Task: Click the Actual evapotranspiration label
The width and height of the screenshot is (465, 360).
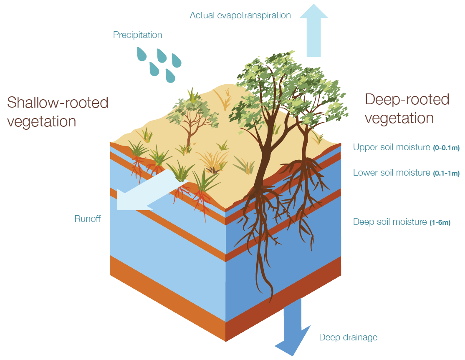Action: coord(240,15)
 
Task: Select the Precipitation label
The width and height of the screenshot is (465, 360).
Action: coord(137,35)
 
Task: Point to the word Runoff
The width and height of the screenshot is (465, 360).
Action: coord(88,219)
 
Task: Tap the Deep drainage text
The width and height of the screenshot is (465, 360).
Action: coord(348,337)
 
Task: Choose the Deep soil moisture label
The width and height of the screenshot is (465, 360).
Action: coord(390,222)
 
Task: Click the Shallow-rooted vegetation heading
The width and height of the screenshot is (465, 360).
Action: coord(58,112)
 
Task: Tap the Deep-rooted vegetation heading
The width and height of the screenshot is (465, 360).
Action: coord(407,108)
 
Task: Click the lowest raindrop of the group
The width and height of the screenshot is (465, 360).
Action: coord(170,76)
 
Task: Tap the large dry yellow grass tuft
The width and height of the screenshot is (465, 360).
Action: coord(213,161)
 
